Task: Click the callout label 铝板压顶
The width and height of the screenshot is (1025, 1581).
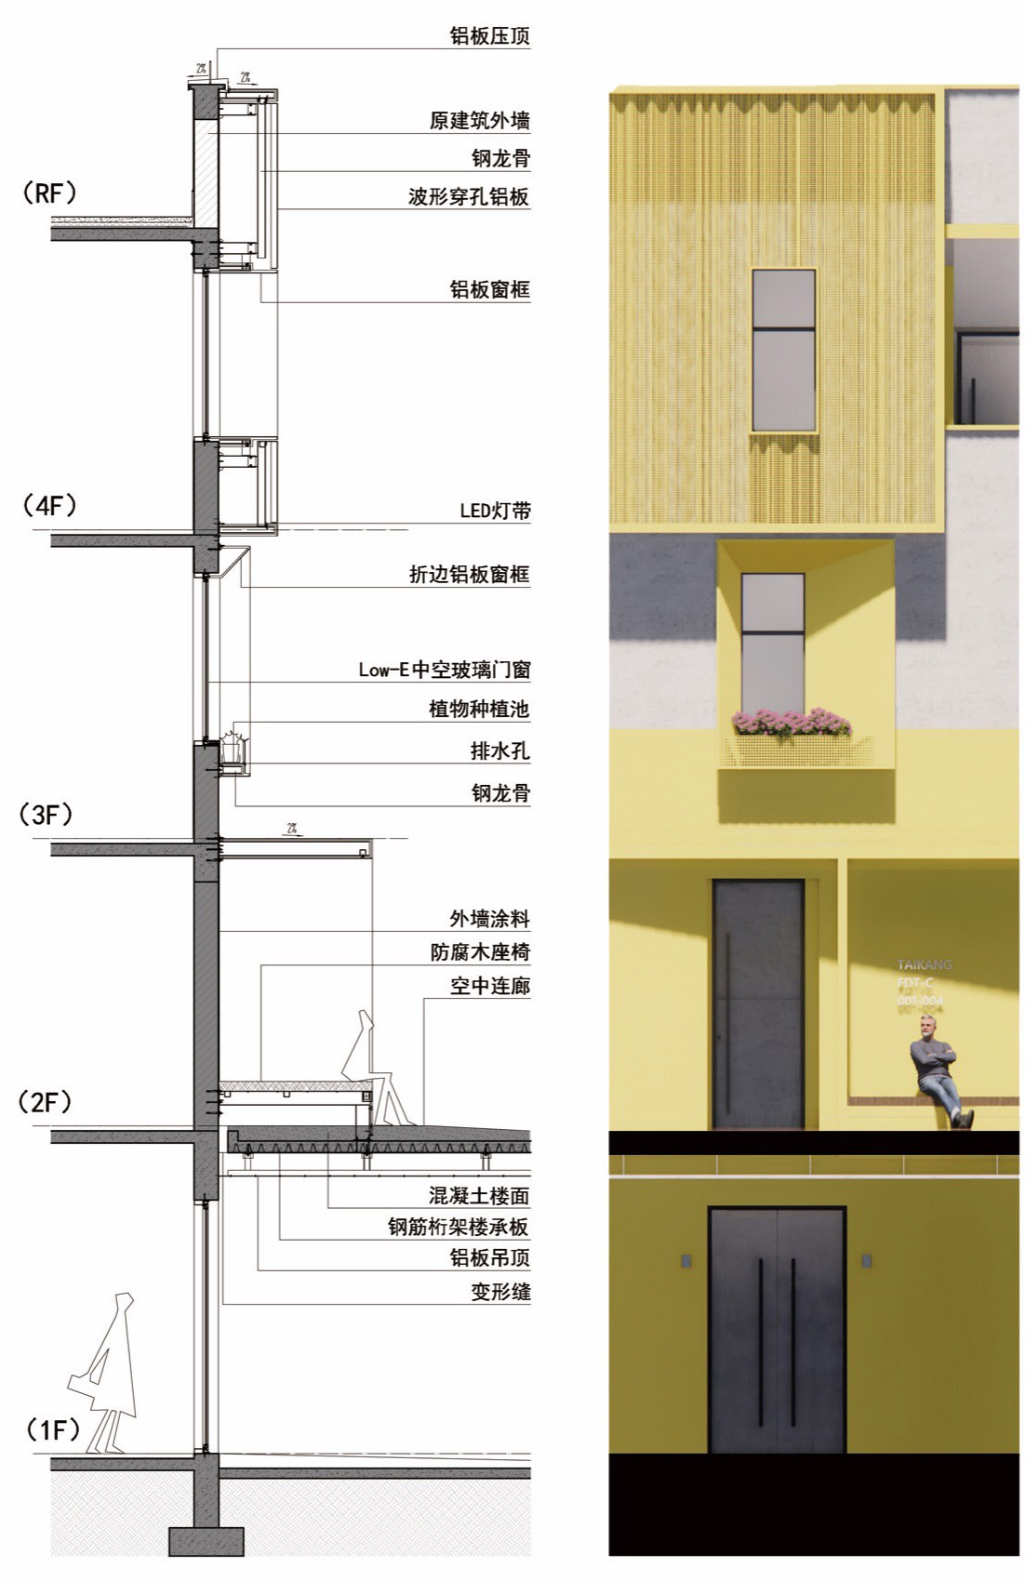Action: (x=489, y=37)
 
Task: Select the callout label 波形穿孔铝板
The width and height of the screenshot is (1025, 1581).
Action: (x=469, y=197)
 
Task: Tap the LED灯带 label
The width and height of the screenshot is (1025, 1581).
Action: (x=496, y=511)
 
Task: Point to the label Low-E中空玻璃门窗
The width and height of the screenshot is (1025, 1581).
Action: (x=445, y=670)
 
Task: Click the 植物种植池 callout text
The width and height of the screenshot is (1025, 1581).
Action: (x=479, y=710)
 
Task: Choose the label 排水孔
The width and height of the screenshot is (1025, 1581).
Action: (x=499, y=751)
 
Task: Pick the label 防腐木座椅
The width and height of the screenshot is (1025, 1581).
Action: (x=480, y=952)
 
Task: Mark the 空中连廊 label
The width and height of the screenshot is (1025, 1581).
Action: (x=489, y=986)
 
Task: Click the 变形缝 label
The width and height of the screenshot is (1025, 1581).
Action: (x=499, y=1292)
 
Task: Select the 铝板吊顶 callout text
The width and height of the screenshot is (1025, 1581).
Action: (x=489, y=1258)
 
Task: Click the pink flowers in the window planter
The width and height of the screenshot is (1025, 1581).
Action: (x=791, y=723)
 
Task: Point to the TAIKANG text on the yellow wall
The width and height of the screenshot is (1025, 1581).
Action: (x=924, y=965)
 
